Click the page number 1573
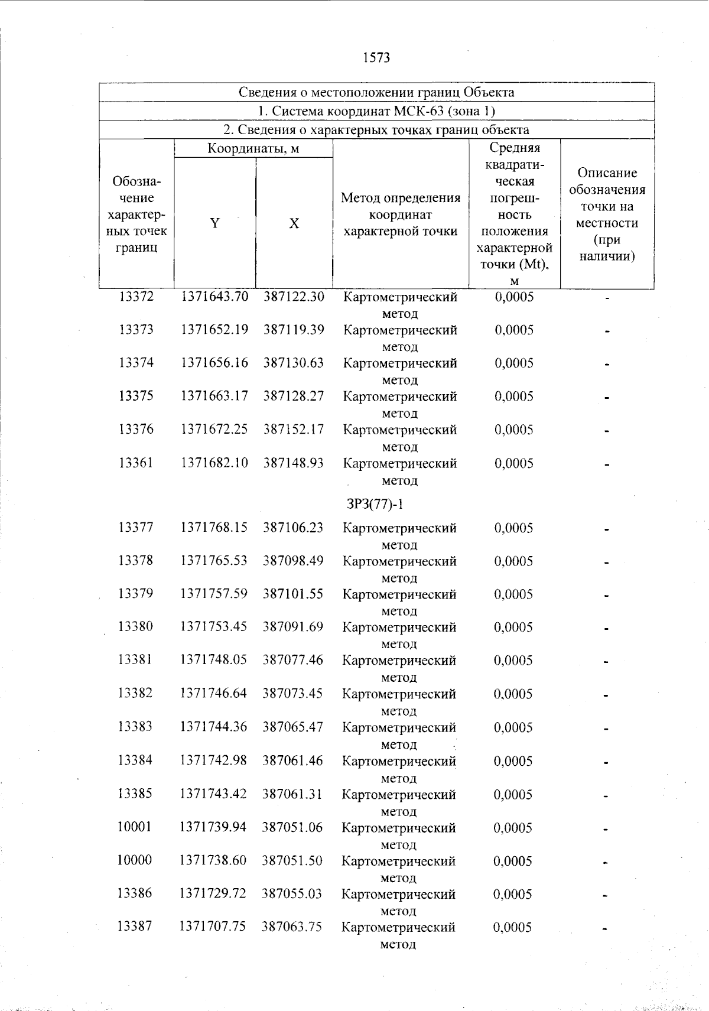pos(376,58)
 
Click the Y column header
pos(215,223)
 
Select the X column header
pos(294,223)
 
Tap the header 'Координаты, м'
pos(253,148)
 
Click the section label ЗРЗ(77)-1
pos(375,504)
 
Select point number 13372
pos(136,297)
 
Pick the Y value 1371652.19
pos(214,330)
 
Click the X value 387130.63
pos(294,363)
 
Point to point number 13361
pos(136,463)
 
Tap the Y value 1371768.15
pos(214,527)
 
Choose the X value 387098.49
pos(293,560)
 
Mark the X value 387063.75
pos(292,927)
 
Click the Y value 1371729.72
pos(213,893)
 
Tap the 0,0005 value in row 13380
pos(513,628)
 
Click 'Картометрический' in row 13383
pos(399,727)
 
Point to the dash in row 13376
pos(606,431)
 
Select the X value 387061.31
pos(292,794)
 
